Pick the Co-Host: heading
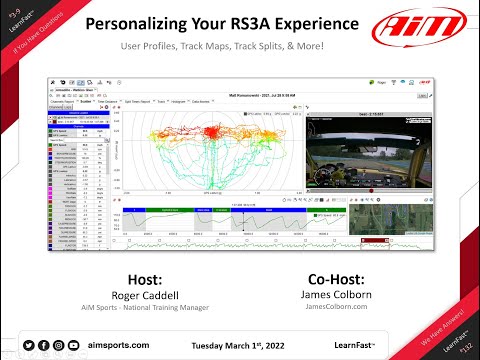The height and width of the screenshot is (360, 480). pos(337,276)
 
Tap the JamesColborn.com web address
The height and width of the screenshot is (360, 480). pos(337,308)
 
